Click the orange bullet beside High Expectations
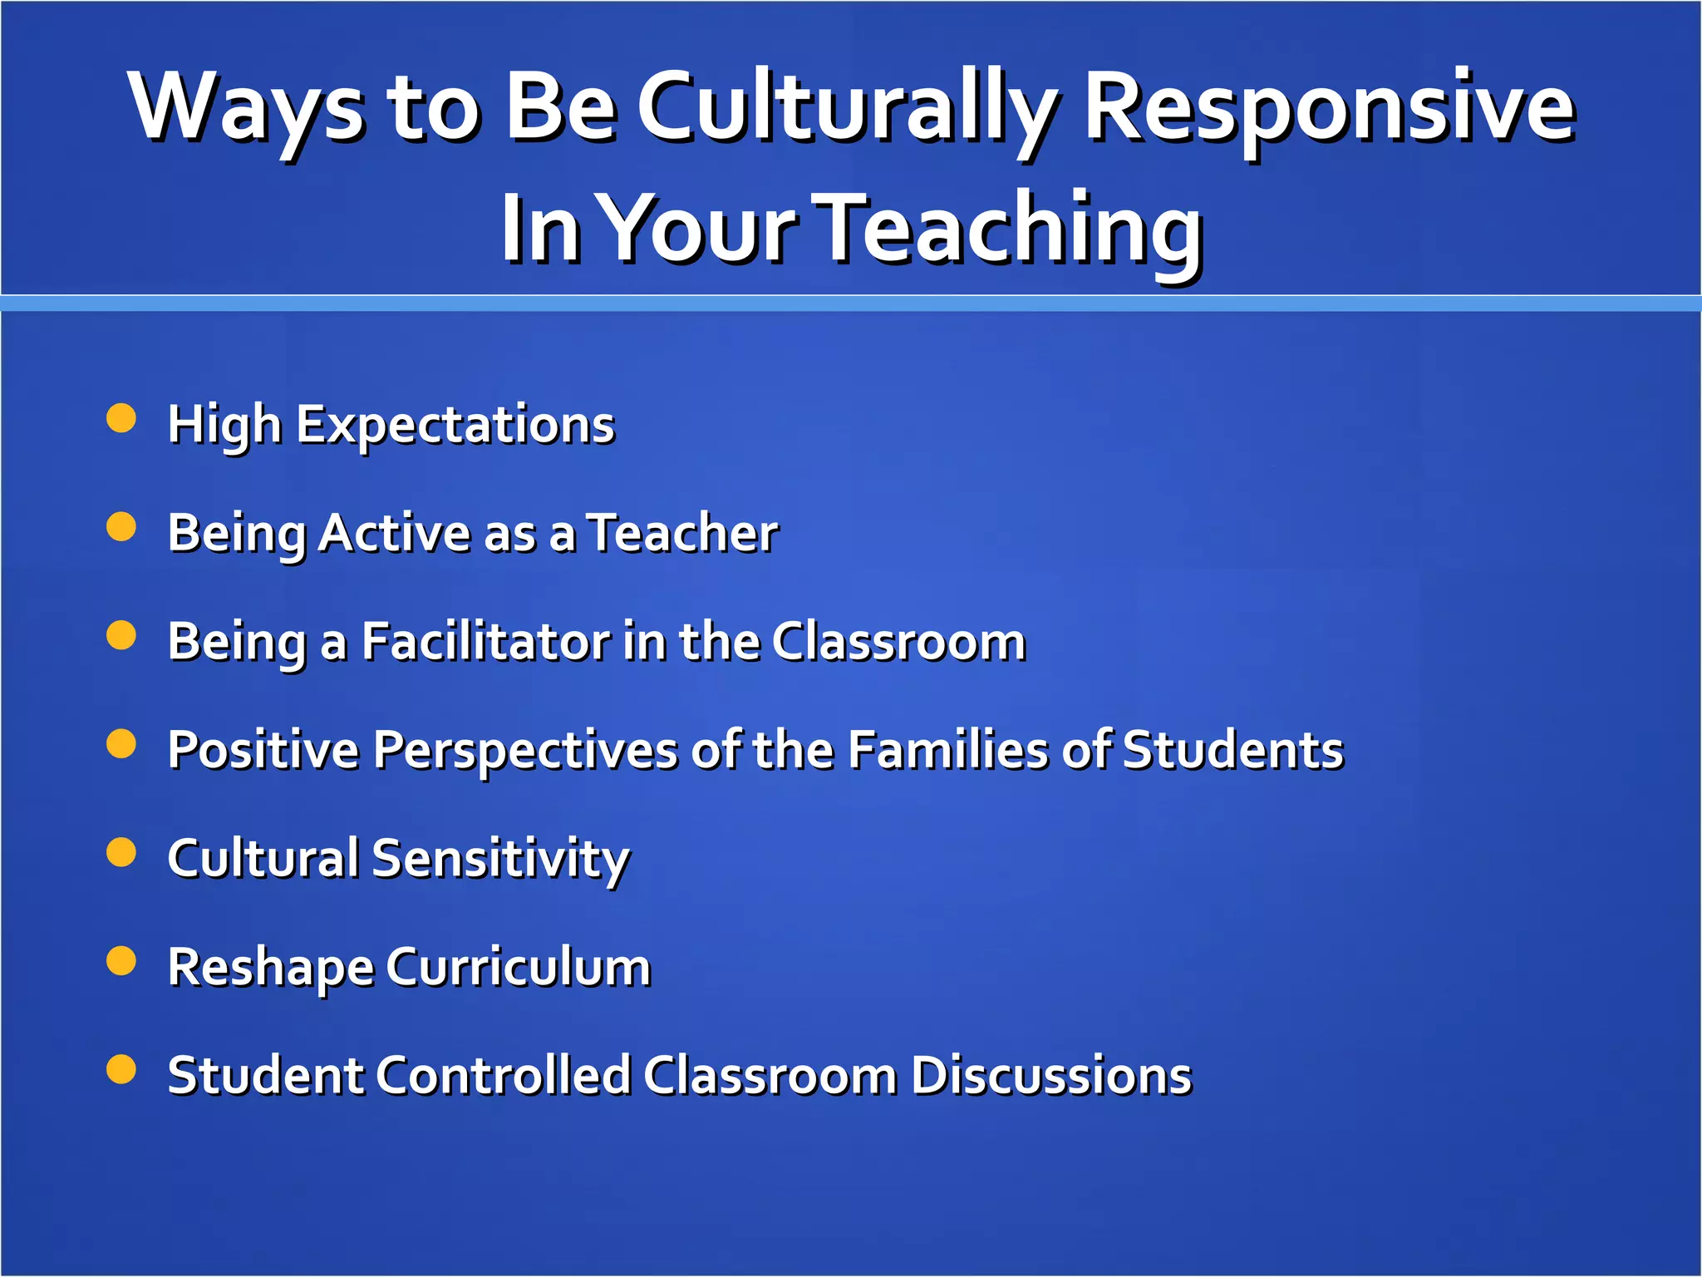point(121,418)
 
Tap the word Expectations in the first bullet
point(455,426)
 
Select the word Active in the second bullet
point(394,533)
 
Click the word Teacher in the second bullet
point(683,533)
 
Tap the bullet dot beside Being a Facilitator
point(121,636)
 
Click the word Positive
point(263,750)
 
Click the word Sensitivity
point(500,859)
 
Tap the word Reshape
point(271,968)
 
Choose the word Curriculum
point(519,968)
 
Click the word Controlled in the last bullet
point(504,1076)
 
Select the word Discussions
point(1051,1076)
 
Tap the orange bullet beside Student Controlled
point(121,1070)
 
